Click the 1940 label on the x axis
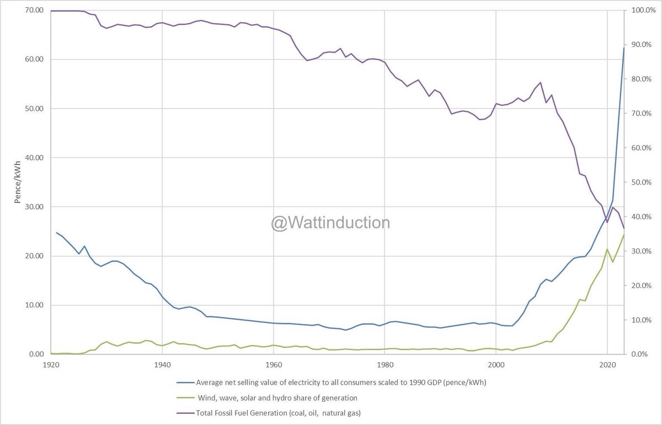coord(162,365)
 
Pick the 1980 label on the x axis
coord(385,365)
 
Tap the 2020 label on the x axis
coord(607,365)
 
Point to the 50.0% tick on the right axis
coord(641,182)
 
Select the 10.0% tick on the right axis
coord(641,320)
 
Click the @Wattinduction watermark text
coord(330,223)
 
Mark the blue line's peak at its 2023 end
coord(624,48)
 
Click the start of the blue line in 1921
coord(56,232)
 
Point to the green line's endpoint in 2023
coord(624,234)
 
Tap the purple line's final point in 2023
coord(624,228)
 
